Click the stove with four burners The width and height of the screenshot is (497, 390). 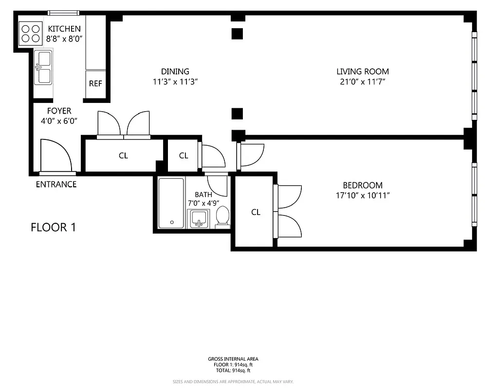click(x=30, y=33)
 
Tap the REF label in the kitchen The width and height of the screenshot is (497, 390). click(x=95, y=83)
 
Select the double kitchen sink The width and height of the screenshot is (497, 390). click(x=43, y=67)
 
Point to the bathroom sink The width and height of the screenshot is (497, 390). click(x=199, y=218)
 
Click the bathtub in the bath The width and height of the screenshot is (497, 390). click(x=171, y=203)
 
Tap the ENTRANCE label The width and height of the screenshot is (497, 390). click(x=56, y=184)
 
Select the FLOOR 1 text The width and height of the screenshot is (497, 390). click(x=53, y=227)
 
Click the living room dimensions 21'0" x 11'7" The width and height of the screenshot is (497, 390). click(x=363, y=82)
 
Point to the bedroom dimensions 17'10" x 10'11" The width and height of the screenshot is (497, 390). click(x=363, y=195)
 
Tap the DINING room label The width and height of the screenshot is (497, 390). click(x=175, y=71)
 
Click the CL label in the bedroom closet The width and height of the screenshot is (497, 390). click(x=256, y=212)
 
